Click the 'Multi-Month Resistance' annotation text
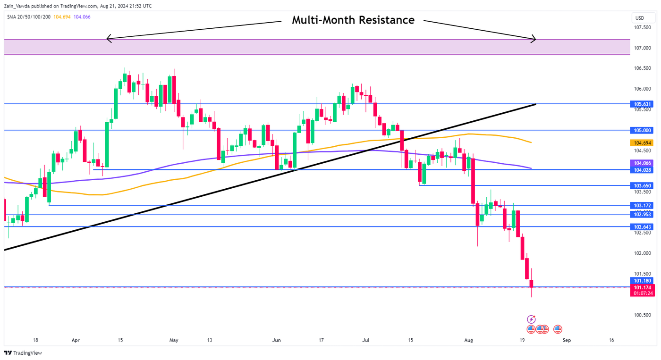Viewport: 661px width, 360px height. point(353,20)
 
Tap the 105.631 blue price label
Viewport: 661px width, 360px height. point(643,104)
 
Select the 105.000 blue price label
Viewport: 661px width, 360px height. point(643,130)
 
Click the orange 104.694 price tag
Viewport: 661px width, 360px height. point(643,142)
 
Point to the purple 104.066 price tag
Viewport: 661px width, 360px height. point(643,163)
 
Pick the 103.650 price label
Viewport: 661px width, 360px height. point(643,186)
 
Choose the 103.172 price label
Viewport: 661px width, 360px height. point(643,206)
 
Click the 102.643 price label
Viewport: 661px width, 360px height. point(643,227)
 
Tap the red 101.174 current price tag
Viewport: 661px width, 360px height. point(643,287)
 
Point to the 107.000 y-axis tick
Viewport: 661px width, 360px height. point(643,48)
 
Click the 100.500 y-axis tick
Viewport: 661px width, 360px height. point(643,315)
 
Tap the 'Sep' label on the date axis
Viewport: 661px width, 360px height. point(567,340)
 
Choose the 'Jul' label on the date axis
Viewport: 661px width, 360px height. point(366,340)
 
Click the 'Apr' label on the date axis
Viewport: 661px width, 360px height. point(76,340)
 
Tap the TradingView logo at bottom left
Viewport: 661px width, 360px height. point(23,353)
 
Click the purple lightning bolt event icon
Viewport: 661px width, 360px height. point(532,319)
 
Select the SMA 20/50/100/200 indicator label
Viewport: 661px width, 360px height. point(28,17)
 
